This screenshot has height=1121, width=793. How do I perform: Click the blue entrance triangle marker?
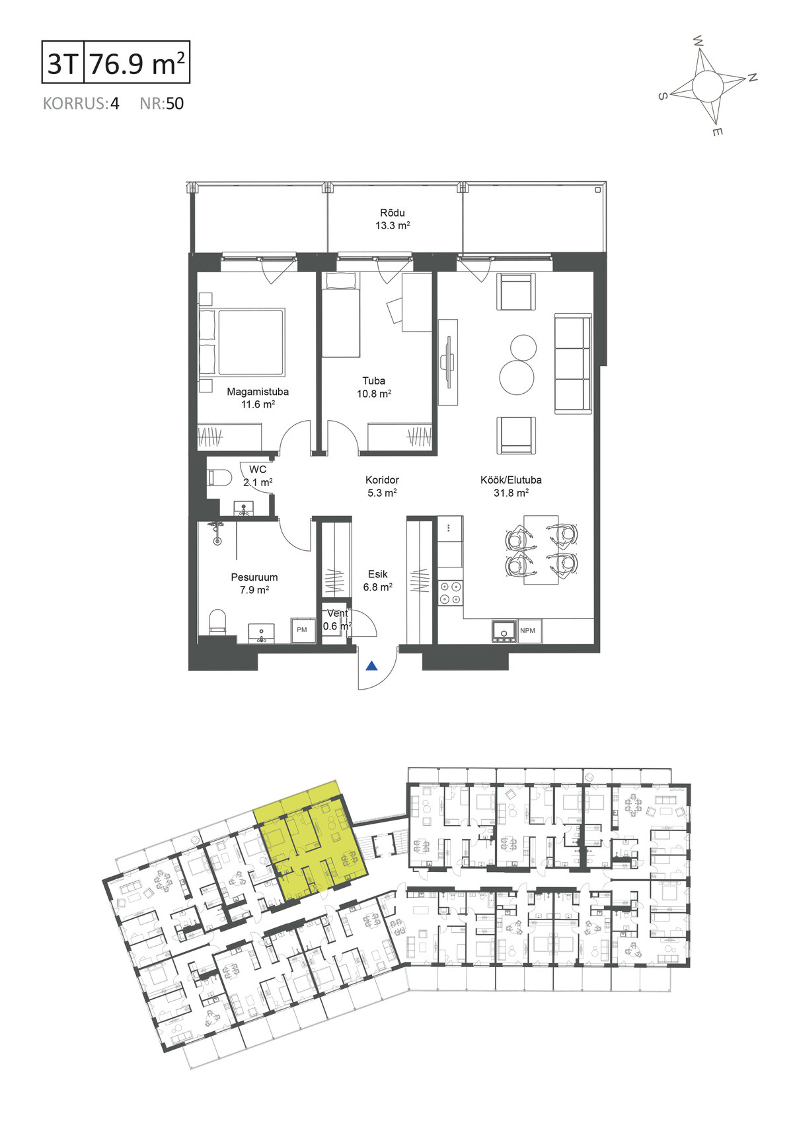coord(371,666)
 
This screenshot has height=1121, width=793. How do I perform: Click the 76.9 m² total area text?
coord(137,63)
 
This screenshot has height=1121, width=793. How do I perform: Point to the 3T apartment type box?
coord(63,61)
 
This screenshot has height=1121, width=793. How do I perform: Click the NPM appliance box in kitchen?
coord(528,631)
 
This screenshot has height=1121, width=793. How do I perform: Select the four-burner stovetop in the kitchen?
coord(451,593)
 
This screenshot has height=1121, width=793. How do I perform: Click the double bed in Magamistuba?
coord(243,342)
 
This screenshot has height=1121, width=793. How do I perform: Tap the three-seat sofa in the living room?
coord(573,364)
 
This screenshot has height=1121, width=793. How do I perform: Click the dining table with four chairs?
coord(541,550)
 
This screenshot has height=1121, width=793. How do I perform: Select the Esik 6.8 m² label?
coord(377,581)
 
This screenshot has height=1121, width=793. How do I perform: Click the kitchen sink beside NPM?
coord(504,632)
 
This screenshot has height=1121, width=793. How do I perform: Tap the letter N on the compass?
coord(752,77)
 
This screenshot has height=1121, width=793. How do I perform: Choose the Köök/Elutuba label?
coord(511,480)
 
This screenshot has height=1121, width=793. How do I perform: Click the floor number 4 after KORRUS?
coord(114,104)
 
